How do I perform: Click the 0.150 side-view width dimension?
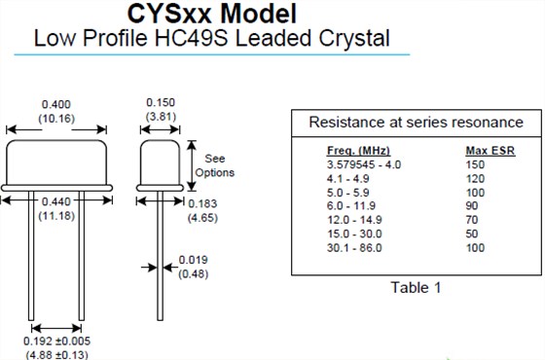(162, 102)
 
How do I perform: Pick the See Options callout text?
(215, 165)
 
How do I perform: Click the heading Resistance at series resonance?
(416, 123)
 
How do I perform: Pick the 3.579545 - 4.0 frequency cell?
(364, 164)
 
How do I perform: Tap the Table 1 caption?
(416, 287)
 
